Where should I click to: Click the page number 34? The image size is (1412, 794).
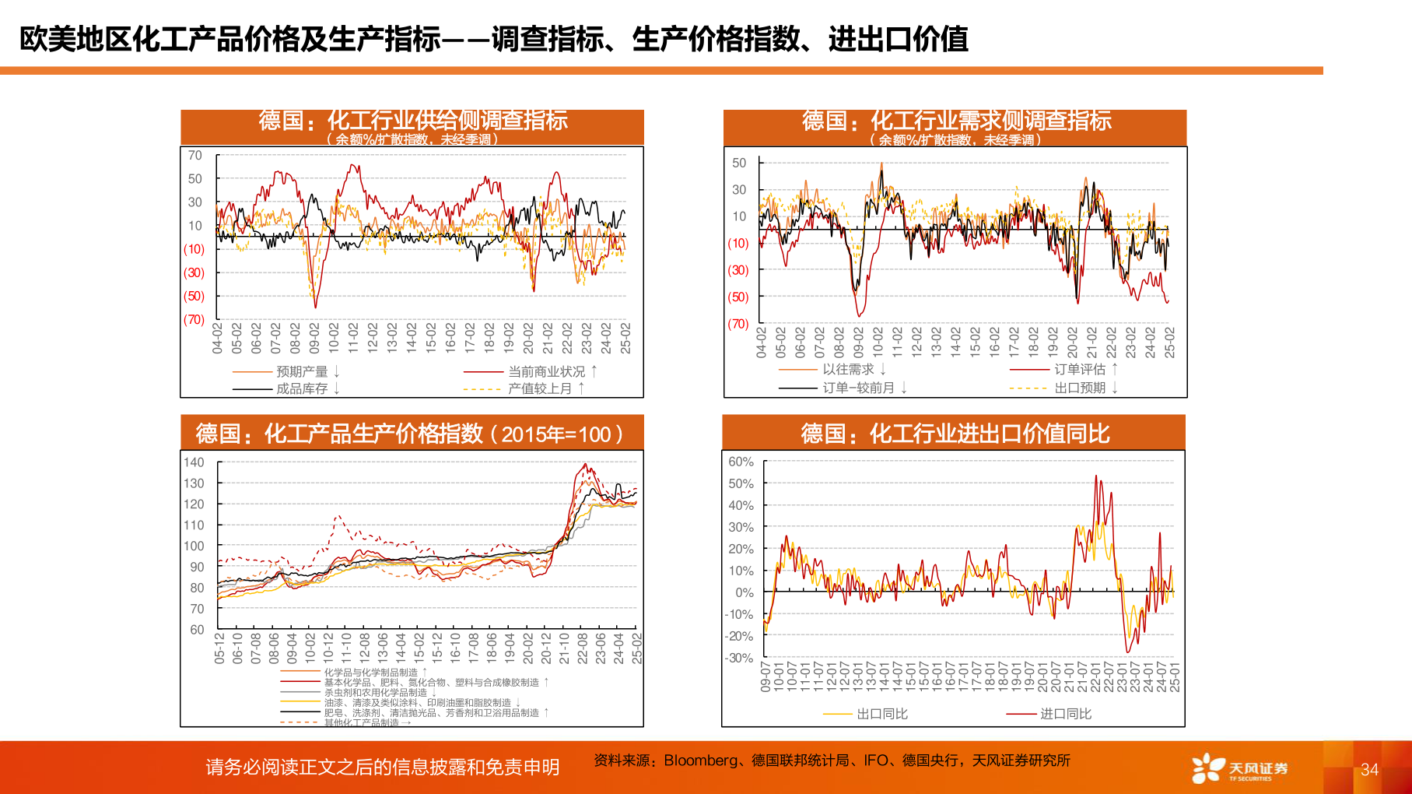(1369, 770)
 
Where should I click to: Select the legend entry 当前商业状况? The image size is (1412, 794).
(546, 372)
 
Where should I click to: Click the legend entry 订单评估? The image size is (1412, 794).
(1079, 370)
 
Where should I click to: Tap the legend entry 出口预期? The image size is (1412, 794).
(1079, 388)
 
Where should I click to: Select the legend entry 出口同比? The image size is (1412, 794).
(881, 714)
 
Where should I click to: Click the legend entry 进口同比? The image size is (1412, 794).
(1065, 714)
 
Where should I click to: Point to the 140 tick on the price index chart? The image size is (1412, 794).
(194, 462)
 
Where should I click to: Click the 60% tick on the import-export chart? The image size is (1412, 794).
(741, 462)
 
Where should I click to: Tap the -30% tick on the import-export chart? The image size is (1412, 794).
(739, 658)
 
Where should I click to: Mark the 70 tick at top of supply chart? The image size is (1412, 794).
(194, 156)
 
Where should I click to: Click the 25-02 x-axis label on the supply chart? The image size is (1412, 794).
(626, 339)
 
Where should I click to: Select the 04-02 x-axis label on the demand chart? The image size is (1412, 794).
(762, 343)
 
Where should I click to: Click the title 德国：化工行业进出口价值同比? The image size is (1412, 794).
(955, 434)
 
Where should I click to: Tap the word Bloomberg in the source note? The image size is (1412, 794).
(700, 761)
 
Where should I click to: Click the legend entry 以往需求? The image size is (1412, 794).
(848, 370)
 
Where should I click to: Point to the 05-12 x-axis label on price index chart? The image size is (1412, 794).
(219, 648)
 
